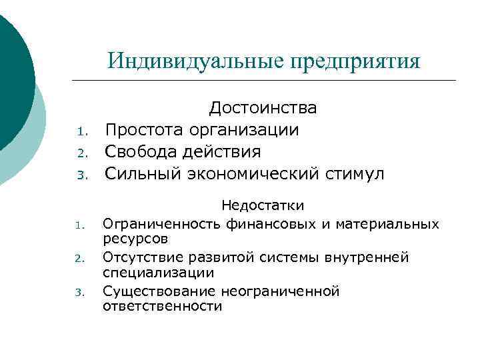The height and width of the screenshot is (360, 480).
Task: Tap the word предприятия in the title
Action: click(355, 61)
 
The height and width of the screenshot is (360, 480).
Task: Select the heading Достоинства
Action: click(263, 108)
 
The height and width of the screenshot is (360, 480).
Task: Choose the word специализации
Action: click(159, 273)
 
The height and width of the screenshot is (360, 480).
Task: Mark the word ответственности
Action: click(162, 306)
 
